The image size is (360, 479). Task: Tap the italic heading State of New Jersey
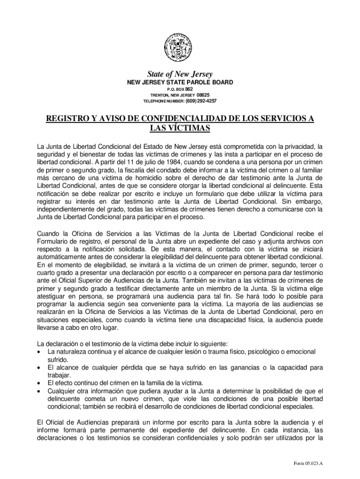(x=180, y=74)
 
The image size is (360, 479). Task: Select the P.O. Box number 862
(x=189, y=89)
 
